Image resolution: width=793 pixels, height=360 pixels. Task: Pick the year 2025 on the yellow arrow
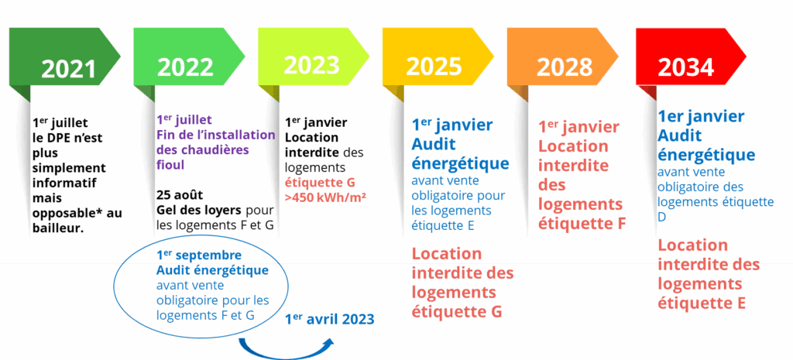tap(434, 66)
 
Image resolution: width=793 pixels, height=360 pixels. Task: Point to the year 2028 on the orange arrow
tap(564, 67)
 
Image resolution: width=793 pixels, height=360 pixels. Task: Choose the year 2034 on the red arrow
tap(686, 67)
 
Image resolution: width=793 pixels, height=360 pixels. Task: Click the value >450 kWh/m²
tap(326, 197)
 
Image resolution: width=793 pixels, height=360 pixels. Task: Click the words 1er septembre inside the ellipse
tap(199, 255)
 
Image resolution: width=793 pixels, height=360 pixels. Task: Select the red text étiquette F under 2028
tap(582, 223)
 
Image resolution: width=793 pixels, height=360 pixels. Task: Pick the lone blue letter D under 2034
tap(662, 216)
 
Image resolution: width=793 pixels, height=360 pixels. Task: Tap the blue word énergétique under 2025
tap(460, 164)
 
